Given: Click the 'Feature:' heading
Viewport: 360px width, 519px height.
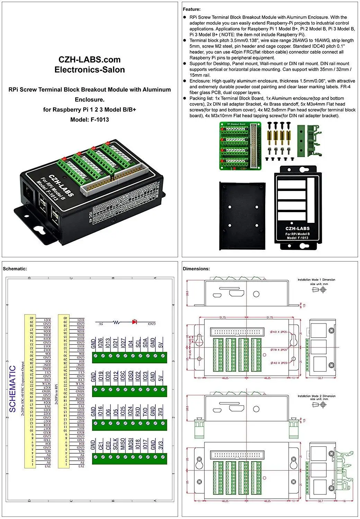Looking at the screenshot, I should click(x=191, y=9).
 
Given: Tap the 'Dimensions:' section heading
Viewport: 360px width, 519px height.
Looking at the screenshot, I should click(x=196, y=268).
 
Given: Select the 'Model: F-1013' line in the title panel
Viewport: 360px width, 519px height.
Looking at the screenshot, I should click(x=89, y=119).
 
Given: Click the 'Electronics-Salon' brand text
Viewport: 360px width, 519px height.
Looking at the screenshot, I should click(x=89, y=70).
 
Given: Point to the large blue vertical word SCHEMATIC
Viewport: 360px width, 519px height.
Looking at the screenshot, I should click(x=12, y=389).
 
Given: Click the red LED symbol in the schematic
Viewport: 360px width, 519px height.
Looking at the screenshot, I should click(x=134, y=322).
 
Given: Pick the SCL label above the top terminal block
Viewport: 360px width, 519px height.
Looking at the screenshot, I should click(x=138, y=343).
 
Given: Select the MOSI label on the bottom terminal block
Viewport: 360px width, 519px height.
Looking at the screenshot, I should click(x=131, y=444).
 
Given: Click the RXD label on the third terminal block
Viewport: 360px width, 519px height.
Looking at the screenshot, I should click(x=138, y=411).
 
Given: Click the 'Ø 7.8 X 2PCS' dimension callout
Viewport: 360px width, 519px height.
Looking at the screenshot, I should click(x=279, y=350).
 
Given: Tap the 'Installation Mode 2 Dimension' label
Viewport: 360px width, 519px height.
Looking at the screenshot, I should click(x=316, y=396).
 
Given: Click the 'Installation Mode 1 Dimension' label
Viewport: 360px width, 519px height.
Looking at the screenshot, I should click(x=316, y=280).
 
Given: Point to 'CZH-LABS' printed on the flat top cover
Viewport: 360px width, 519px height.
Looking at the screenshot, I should click(x=297, y=228).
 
